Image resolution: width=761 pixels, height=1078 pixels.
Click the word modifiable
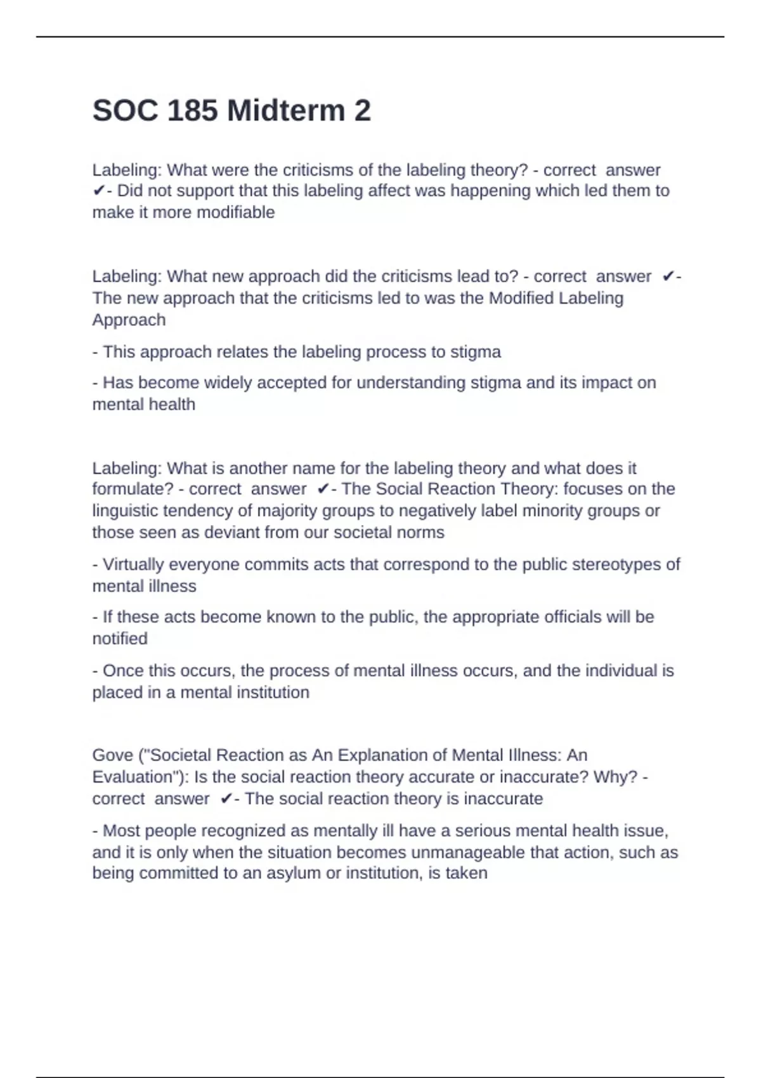236,212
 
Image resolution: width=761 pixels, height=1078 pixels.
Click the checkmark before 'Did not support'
98,191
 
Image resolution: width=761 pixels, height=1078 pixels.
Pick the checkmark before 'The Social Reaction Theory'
322,489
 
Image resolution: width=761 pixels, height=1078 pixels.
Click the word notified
120,639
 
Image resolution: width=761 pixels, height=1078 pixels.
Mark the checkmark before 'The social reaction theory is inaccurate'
226,799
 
